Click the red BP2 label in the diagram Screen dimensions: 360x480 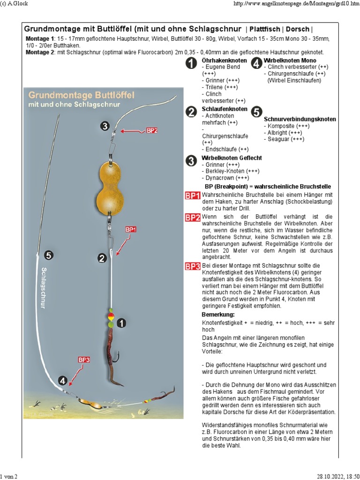tap(152, 130)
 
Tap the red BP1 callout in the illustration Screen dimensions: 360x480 tap(130, 229)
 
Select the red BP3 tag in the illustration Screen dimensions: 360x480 tap(84, 360)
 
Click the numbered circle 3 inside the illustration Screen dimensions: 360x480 tap(105, 126)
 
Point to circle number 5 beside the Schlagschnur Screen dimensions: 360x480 tap(49, 255)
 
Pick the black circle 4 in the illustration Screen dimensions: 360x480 tap(63, 381)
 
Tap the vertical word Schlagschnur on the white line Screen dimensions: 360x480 tap(43, 288)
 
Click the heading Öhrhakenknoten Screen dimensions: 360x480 tap(224, 60)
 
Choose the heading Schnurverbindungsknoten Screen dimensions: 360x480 tap(300, 119)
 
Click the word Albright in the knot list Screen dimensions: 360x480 tap(277, 133)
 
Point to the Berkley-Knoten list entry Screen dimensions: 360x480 tap(225, 171)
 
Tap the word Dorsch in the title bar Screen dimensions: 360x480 tap(298, 30)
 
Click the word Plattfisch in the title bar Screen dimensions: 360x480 tap(265, 30)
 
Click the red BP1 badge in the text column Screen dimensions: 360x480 tap(193, 195)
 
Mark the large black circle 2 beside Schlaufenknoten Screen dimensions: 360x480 tap(192, 112)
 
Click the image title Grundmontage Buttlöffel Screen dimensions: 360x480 tap(82, 95)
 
